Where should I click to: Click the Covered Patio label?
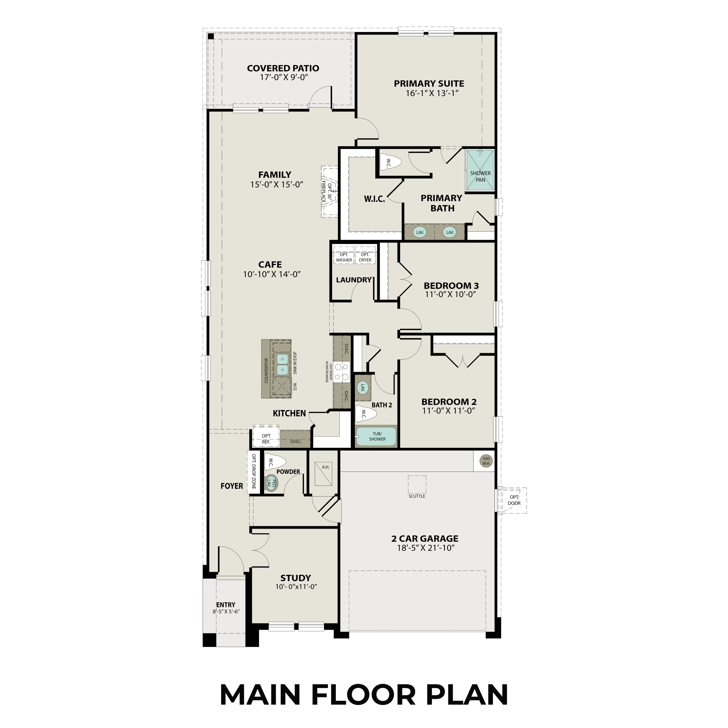pyautogui.click(x=283, y=68)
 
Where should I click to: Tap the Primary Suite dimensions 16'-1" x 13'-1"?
pyautogui.click(x=432, y=93)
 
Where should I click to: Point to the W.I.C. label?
pyautogui.click(x=374, y=199)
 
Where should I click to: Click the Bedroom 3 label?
pyautogui.click(x=451, y=286)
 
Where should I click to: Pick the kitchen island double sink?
pyautogui.click(x=282, y=364)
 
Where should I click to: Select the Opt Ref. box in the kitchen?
pyautogui.click(x=266, y=438)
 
